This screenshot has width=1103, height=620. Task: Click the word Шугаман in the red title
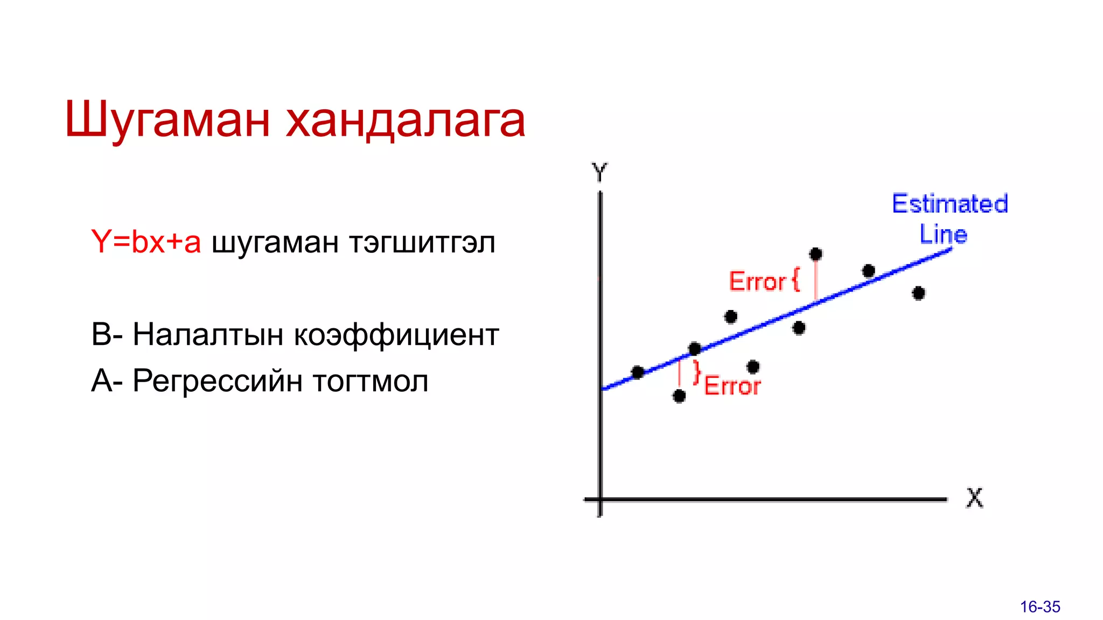point(167,119)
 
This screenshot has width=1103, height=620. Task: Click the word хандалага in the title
point(405,119)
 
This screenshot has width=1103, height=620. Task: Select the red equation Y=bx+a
point(146,242)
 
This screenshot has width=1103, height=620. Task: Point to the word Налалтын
point(208,334)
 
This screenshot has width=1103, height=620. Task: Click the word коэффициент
point(396,334)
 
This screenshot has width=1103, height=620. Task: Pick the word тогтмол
point(371,381)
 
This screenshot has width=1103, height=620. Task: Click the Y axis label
point(599,173)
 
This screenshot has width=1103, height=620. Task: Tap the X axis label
point(974,498)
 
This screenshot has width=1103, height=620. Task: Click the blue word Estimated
point(950,204)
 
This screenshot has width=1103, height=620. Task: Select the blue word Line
point(943,234)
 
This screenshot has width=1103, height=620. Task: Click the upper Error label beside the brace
point(757,281)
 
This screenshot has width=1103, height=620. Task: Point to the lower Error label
point(732,386)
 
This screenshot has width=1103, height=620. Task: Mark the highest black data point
point(816,254)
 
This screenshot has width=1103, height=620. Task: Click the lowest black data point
point(679,396)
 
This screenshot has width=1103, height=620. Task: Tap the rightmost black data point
point(919,293)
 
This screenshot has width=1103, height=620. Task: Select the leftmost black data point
point(638,372)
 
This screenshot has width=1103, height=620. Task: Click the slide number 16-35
point(1039,607)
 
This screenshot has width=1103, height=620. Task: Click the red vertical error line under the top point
point(816,280)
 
